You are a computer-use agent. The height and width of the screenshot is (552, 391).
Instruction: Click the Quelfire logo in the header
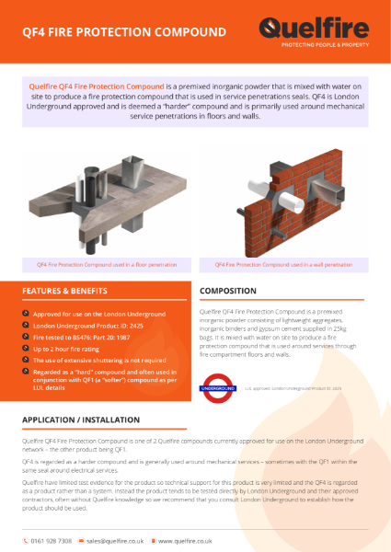tap(312, 29)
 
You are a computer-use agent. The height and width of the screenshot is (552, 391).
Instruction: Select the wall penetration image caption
tap(283, 264)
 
